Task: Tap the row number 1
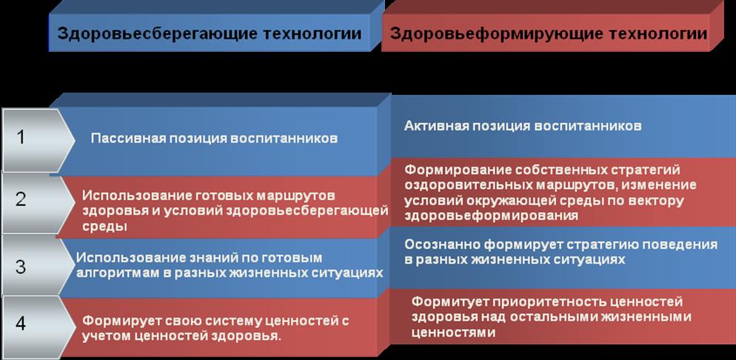click(20, 138)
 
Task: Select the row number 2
click(20, 199)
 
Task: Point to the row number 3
click(20, 266)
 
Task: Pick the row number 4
click(20, 324)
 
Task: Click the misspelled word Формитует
click(444, 301)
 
